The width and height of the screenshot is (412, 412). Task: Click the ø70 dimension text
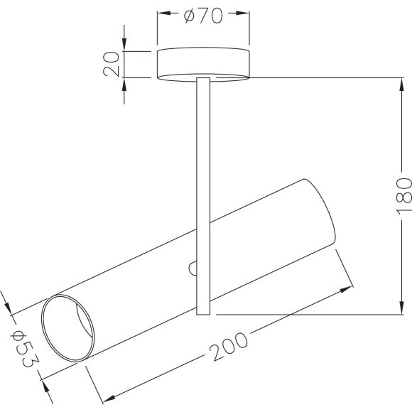(x=203, y=16)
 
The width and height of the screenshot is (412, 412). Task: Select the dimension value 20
(x=111, y=64)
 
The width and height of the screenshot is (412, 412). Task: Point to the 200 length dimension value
(x=229, y=346)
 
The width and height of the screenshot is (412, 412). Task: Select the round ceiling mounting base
(x=203, y=63)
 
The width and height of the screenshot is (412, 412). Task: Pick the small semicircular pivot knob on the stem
(x=193, y=268)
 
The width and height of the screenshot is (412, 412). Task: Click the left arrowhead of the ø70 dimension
(x=161, y=13)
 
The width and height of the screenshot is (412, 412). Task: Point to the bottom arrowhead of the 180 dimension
(x=399, y=310)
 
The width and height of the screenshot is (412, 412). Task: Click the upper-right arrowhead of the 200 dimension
(x=347, y=288)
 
